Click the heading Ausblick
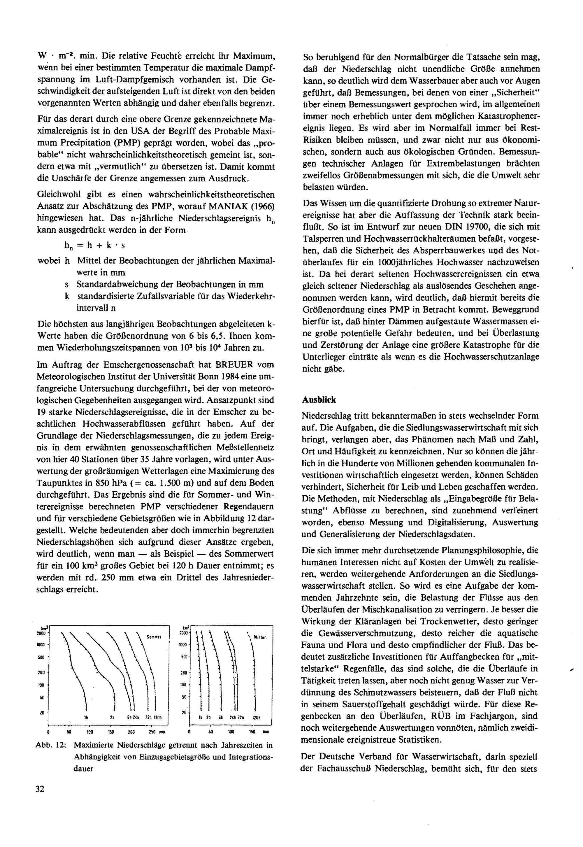(x=319, y=400)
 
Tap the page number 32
(x=40, y=788)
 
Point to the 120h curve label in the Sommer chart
(x=157, y=717)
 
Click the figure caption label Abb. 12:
(x=51, y=745)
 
